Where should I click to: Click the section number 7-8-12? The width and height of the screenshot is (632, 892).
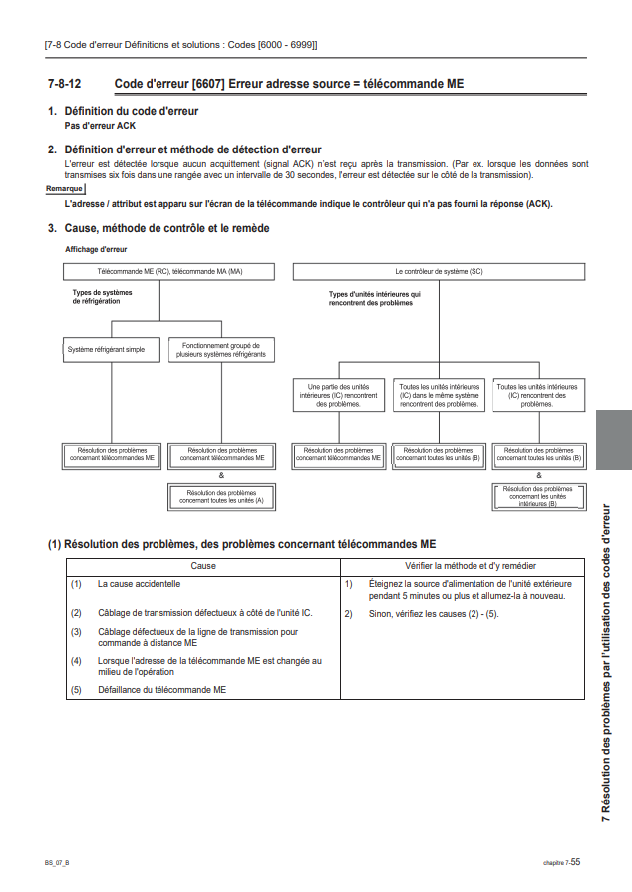(64, 84)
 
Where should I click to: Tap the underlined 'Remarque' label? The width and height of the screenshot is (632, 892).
(65, 188)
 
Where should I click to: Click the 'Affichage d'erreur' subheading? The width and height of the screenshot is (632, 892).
(96, 249)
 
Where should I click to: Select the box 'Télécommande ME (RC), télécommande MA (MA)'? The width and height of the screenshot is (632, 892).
(169, 271)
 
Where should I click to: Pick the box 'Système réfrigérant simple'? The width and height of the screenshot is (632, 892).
(106, 350)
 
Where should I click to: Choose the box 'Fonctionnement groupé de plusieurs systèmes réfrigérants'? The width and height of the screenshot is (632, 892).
(221, 350)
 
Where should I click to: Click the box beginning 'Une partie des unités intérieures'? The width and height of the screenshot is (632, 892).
(338, 395)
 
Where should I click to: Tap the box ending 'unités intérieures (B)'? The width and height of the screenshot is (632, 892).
(538, 497)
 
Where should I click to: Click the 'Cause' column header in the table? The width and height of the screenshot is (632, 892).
(203, 565)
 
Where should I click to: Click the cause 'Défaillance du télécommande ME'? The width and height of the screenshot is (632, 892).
(160, 689)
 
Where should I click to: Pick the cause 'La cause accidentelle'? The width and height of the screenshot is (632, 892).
(139, 584)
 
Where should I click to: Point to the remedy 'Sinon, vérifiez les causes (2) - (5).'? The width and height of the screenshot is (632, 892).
(433, 613)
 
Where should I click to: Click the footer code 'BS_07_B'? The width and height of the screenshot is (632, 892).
(57, 861)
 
